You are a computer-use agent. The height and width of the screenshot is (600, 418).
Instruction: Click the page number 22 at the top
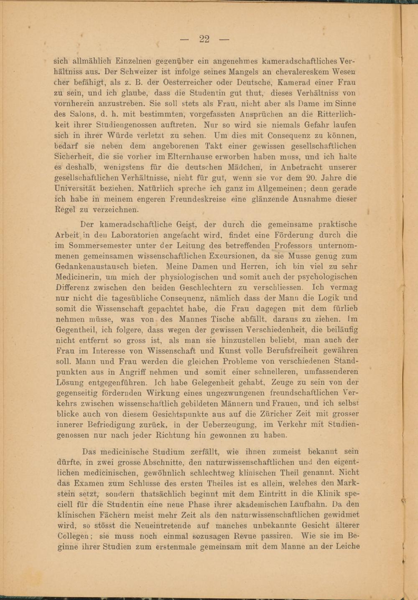click(x=204, y=39)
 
